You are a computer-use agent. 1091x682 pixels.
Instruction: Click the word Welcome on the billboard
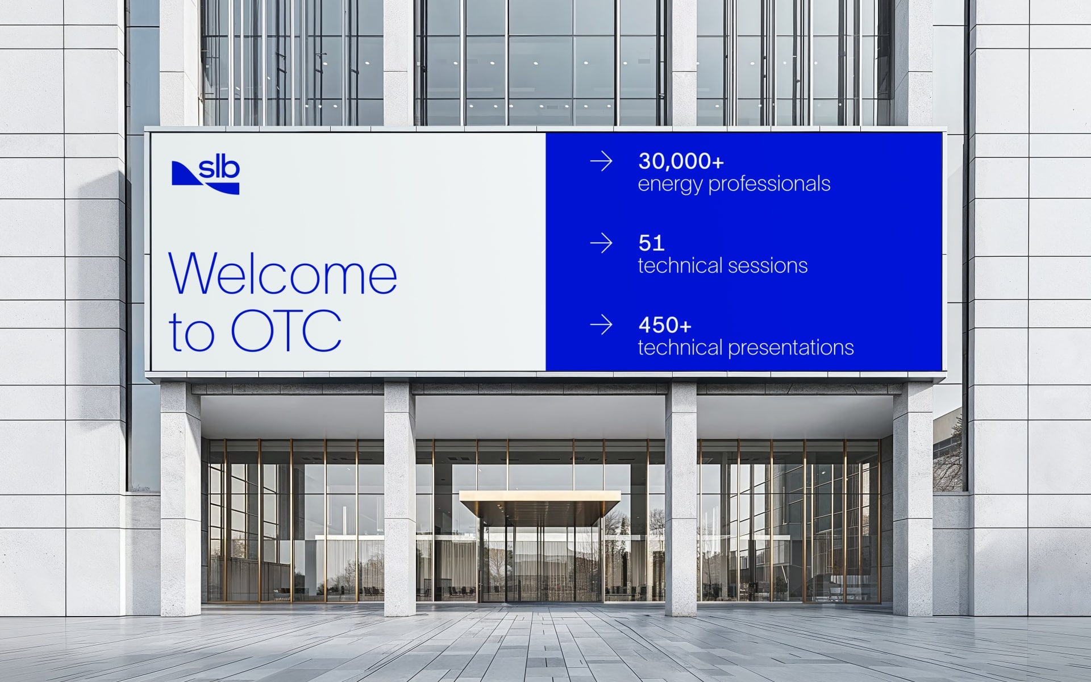pyautogui.click(x=283, y=274)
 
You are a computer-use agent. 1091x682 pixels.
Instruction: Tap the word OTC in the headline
pyautogui.click(x=286, y=330)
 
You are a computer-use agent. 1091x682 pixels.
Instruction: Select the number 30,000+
pyautogui.click(x=681, y=161)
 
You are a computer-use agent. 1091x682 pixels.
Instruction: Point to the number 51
pyautogui.click(x=651, y=243)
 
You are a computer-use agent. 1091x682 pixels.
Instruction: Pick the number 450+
pyautogui.click(x=665, y=325)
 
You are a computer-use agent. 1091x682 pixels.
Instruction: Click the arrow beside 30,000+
pyautogui.click(x=601, y=161)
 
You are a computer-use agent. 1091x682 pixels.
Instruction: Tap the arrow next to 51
pyautogui.click(x=601, y=243)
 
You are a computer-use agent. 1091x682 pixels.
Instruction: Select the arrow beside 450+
pyautogui.click(x=601, y=325)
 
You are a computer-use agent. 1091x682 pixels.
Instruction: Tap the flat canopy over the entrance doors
pyautogui.click(x=539, y=502)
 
